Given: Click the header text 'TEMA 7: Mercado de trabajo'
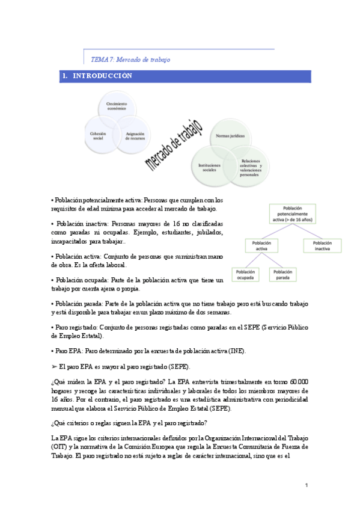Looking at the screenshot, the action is [130, 60].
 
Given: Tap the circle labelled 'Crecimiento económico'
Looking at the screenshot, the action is [117, 108].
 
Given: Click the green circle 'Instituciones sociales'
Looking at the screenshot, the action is [210, 166].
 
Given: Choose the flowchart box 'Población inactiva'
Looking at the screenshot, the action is [326, 245].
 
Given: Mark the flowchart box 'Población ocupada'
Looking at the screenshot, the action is [245, 274].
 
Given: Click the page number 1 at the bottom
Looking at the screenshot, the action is [306, 485].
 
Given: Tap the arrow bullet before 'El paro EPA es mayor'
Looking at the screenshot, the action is [55, 366].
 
